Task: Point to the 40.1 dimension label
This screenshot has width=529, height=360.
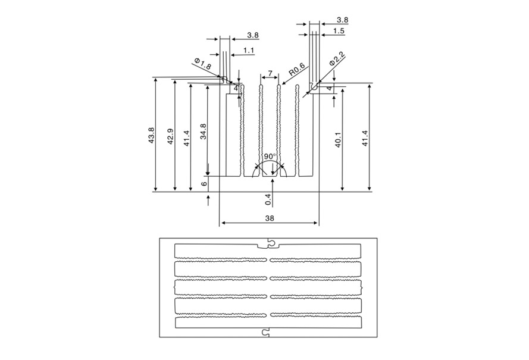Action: (x=338, y=140)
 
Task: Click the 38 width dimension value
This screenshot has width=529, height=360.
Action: (x=270, y=218)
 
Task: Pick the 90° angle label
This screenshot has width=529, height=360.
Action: (x=270, y=156)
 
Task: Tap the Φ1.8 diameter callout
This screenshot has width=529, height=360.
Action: (x=202, y=64)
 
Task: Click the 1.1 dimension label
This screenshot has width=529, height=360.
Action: (x=249, y=51)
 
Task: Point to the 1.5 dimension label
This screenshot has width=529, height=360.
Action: (x=339, y=30)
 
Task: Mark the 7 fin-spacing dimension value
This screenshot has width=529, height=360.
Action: (x=270, y=73)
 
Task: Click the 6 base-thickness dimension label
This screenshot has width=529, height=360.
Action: (x=204, y=184)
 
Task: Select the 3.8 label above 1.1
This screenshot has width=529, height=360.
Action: (x=236, y=36)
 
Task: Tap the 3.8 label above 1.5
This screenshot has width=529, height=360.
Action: (x=343, y=20)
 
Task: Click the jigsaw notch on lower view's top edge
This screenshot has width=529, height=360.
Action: (x=268, y=243)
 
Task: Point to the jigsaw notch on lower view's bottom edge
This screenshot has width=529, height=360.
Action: (x=267, y=331)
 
